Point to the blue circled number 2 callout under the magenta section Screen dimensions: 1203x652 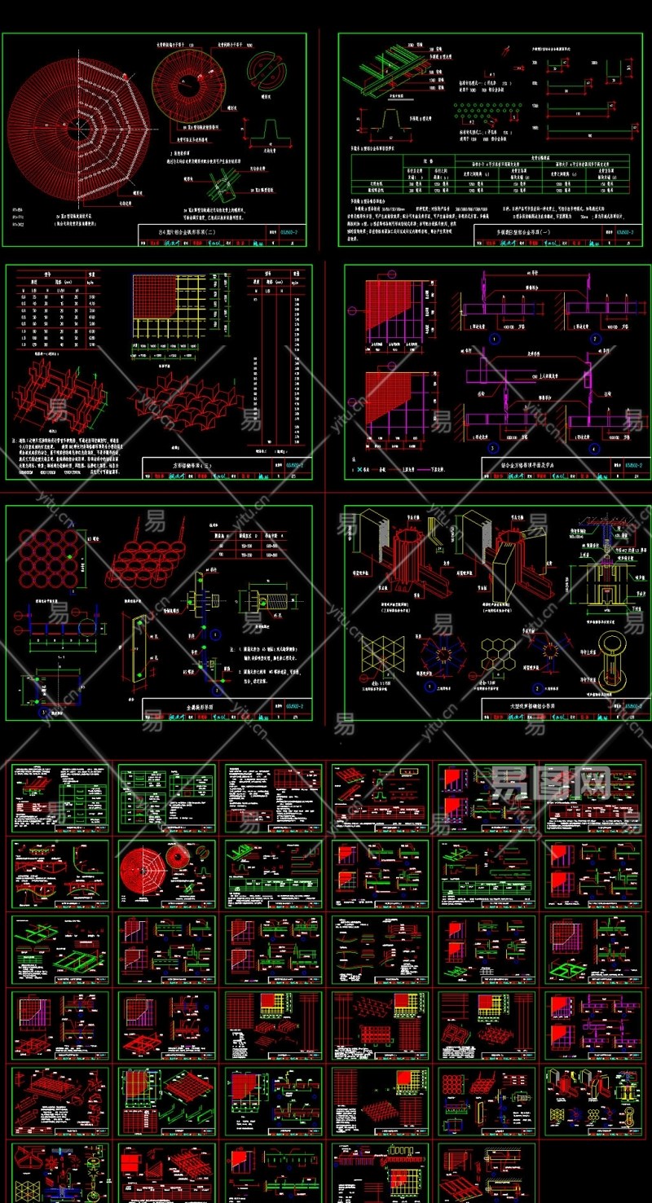(595, 339)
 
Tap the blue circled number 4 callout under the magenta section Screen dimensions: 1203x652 (595, 447)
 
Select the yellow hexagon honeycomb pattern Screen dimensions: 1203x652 (496, 653)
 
